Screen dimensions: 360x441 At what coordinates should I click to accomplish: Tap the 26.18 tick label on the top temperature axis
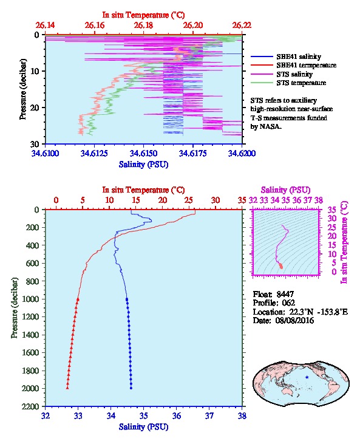(143, 26)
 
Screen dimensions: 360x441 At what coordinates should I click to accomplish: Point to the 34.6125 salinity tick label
(94, 153)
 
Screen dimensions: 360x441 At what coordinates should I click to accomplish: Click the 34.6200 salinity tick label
(242, 153)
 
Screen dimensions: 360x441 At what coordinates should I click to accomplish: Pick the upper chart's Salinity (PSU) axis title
(143, 164)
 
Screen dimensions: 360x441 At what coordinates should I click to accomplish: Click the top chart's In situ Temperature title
(143, 15)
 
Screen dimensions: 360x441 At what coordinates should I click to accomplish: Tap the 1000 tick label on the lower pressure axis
(30, 299)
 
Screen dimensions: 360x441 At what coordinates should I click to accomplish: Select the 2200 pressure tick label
(30, 406)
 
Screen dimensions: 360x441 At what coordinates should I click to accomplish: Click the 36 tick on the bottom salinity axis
(177, 415)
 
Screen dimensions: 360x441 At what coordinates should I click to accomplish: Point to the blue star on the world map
(307, 377)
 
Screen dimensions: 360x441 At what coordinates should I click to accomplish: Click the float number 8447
(285, 294)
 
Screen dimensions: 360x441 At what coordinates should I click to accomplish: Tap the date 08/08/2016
(294, 320)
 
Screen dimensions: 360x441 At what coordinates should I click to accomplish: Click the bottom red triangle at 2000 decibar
(67, 388)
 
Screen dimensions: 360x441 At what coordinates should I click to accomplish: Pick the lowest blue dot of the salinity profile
(131, 388)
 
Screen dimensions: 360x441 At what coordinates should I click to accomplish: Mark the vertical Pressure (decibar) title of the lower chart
(14, 308)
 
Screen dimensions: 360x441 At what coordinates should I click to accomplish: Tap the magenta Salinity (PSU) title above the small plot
(285, 190)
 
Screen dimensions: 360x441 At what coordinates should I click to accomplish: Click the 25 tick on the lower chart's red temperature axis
(189, 200)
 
